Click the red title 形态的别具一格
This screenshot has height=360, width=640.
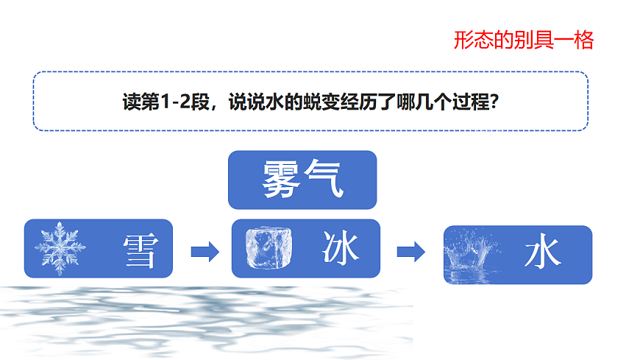[x=523, y=40]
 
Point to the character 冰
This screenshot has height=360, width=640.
[x=341, y=248]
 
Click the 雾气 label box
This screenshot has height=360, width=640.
[x=302, y=180]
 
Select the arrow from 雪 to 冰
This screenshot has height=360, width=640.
[x=205, y=252]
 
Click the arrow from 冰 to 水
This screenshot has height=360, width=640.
[x=411, y=252]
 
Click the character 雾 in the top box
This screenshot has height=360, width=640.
[x=282, y=180]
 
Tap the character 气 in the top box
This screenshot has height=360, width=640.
[x=324, y=180]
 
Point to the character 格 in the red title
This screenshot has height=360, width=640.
[x=584, y=40]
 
